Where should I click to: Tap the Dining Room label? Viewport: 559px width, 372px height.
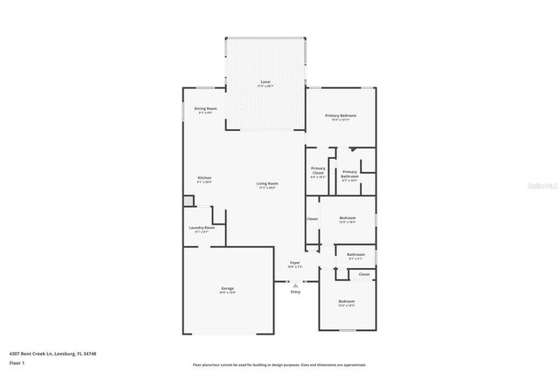[204, 109]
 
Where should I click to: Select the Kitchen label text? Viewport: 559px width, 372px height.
[204, 179]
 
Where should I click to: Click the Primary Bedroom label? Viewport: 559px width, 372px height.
[341, 117]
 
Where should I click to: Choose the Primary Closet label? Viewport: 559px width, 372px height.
[318, 171]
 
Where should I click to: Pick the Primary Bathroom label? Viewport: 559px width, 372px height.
[350, 174]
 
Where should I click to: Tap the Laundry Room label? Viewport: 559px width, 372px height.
[202, 230]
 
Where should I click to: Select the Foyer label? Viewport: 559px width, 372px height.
[295, 263]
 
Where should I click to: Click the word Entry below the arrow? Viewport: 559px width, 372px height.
[295, 292]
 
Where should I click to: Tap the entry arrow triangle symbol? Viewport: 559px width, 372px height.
[295, 284]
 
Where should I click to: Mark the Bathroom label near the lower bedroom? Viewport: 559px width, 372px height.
[356, 256]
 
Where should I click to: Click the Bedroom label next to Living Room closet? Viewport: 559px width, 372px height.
[347, 218]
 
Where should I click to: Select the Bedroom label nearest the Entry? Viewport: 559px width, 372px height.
[347, 302]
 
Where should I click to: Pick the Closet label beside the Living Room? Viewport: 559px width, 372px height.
[312, 218]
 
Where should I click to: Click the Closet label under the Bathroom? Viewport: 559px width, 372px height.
[364, 273]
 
